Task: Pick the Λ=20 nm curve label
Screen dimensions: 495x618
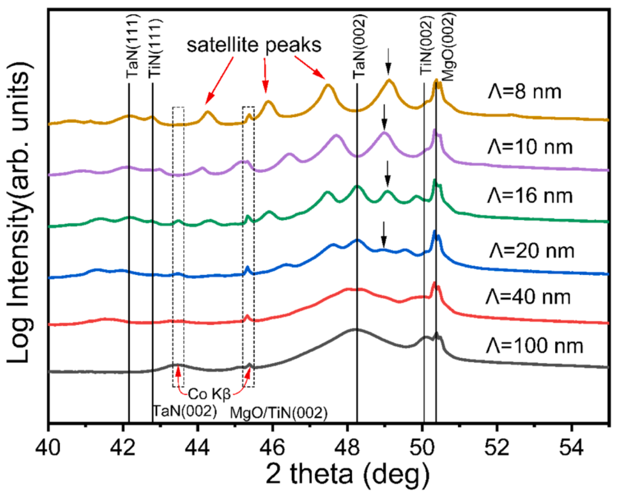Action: click(531, 250)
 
